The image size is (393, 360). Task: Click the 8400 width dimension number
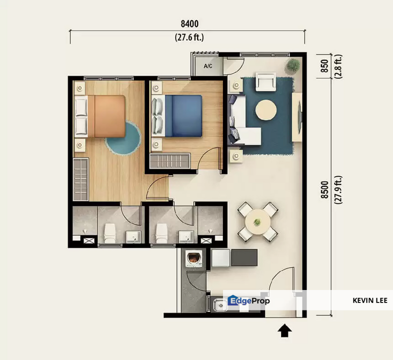(x=189, y=24)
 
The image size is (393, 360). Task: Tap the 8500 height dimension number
(x=324, y=190)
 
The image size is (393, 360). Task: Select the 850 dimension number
(x=324, y=66)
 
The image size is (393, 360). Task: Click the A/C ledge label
(x=208, y=66)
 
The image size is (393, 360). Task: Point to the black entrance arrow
(x=284, y=330)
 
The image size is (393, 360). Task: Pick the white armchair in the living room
(x=265, y=81)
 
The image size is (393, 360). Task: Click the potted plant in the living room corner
(x=292, y=65)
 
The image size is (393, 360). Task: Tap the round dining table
(x=257, y=222)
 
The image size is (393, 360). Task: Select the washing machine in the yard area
(x=193, y=259)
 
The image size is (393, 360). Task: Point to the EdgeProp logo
(x=248, y=300)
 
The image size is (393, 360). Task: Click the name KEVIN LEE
(x=370, y=300)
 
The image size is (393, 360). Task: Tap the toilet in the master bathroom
(x=110, y=233)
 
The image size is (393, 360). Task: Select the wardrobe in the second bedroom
(x=170, y=161)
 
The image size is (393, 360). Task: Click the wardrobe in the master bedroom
(x=80, y=179)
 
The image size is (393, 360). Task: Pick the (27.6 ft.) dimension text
(x=189, y=37)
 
